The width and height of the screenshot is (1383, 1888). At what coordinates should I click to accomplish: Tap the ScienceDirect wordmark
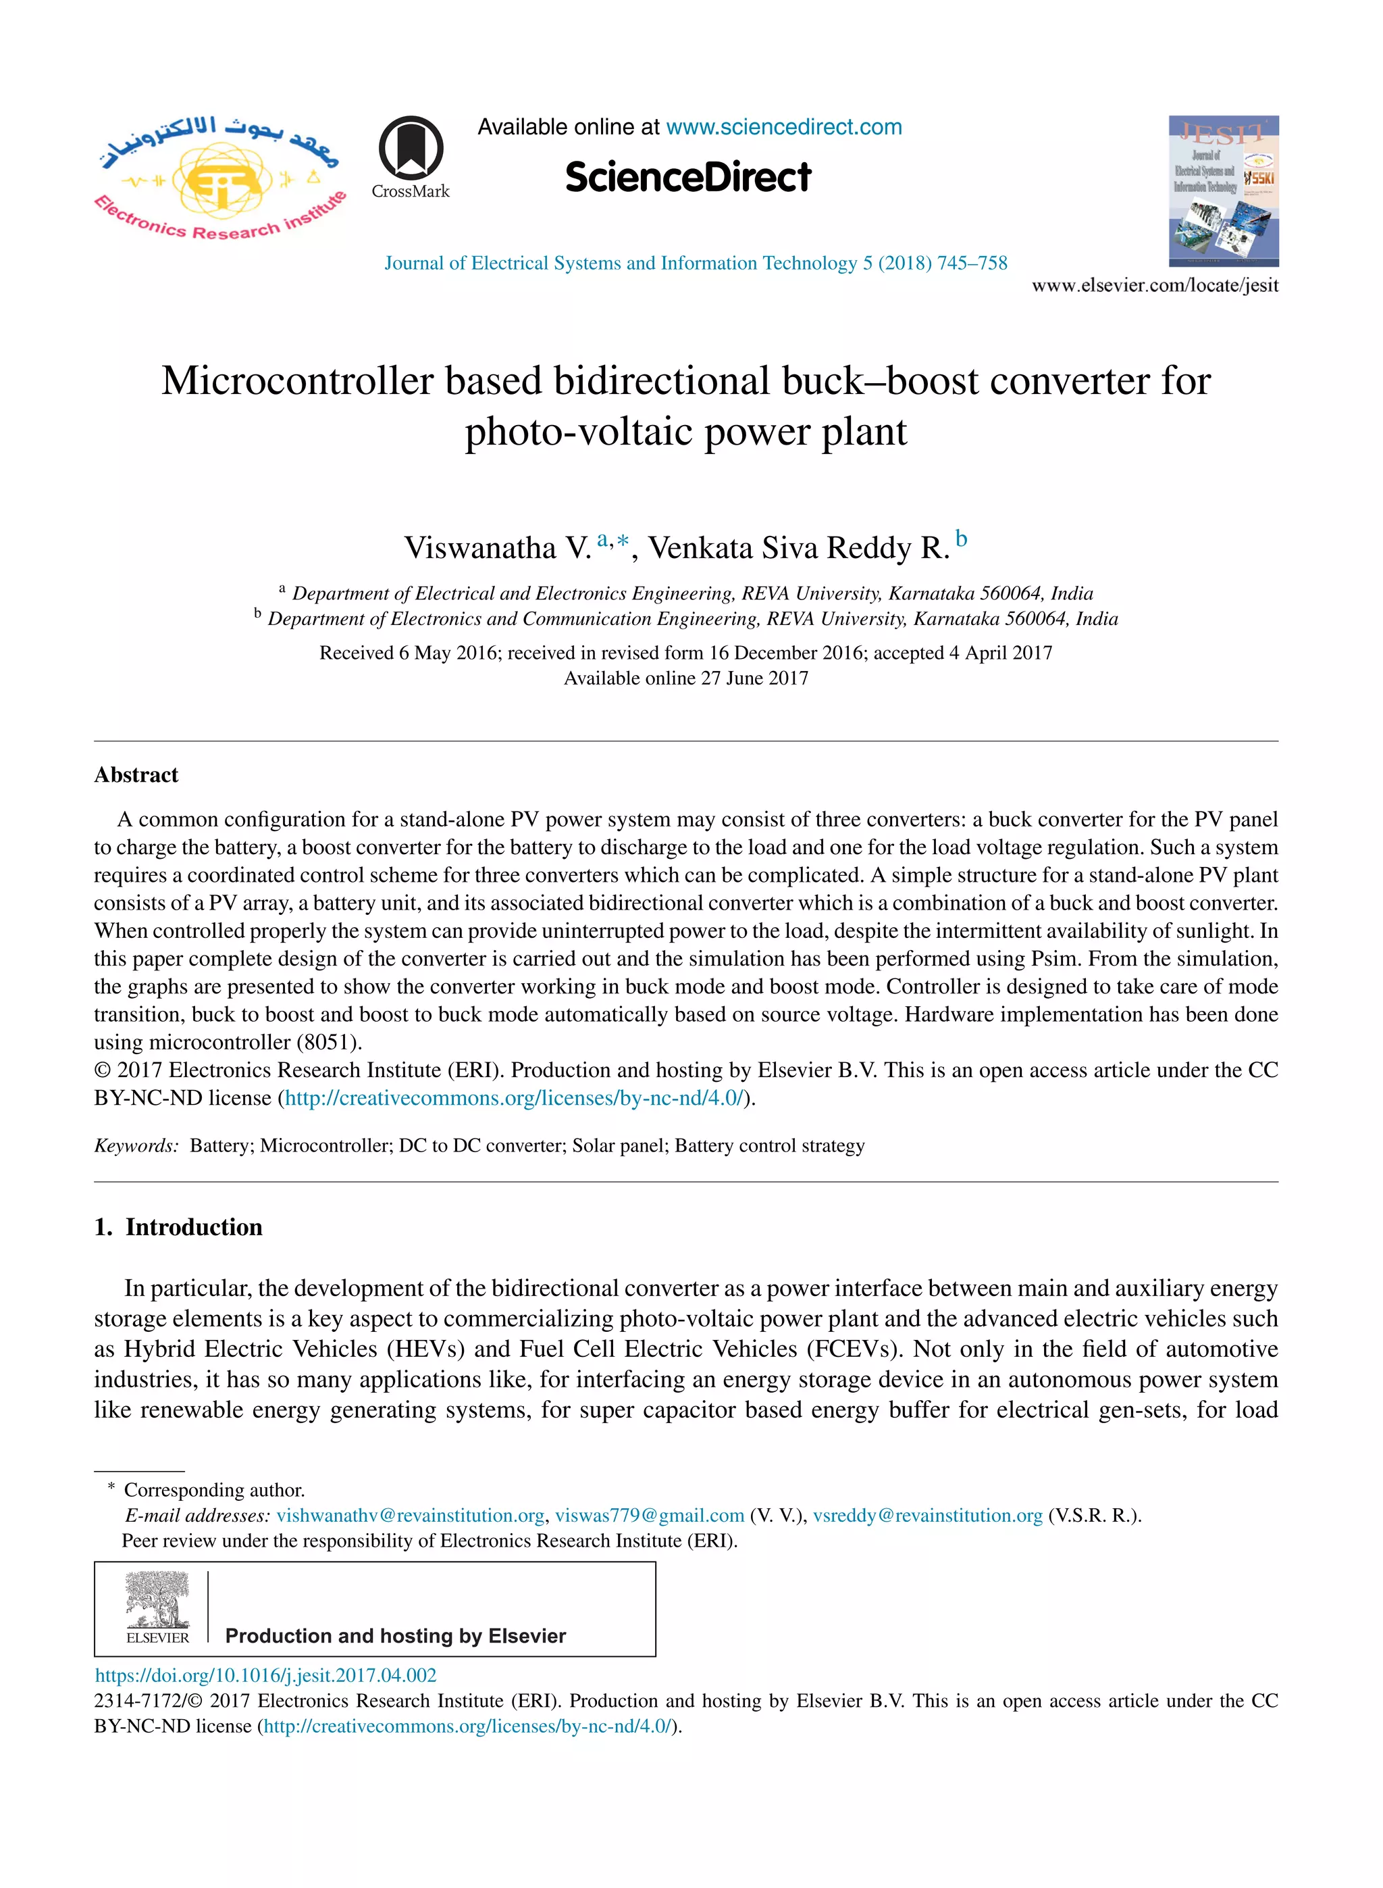pyautogui.click(x=687, y=178)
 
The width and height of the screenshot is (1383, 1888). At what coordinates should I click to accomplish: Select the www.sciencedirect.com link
pyautogui.click(x=783, y=127)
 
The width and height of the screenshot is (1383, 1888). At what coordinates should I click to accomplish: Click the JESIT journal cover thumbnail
pyautogui.click(x=1223, y=191)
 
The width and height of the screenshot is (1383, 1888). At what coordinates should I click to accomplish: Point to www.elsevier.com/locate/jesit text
pyautogui.click(x=1155, y=286)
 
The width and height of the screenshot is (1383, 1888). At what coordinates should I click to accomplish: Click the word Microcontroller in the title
pyautogui.click(x=296, y=381)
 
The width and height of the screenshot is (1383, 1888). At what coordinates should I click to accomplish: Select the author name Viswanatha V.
pyautogui.click(x=497, y=548)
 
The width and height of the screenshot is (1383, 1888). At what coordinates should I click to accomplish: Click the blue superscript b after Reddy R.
pyautogui.click(x=962, y=539)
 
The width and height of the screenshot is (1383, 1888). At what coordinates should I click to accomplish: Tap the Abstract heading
pyautogui.click(x=136, y=775)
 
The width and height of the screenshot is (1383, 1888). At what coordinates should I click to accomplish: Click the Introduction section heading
pyautogui.click(x=193, y=1227)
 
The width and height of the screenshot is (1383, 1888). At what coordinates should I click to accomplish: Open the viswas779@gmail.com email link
pyautogui.click(x=650, y=1515)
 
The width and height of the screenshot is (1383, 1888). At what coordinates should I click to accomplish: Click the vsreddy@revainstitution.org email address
pyautogui.click(x=928, y=1515)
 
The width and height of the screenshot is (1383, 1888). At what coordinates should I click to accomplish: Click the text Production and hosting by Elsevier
pyautogui.click(x=395, y=1636)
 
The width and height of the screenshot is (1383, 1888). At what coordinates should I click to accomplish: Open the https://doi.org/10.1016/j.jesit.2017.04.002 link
pyautogui.click(x=265, y=1675)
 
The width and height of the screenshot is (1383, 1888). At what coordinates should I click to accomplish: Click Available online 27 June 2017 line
pyautogui.click(x=685, y=678)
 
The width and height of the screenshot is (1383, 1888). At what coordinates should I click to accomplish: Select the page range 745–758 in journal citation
pyautogui.click(x=972, y=263)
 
